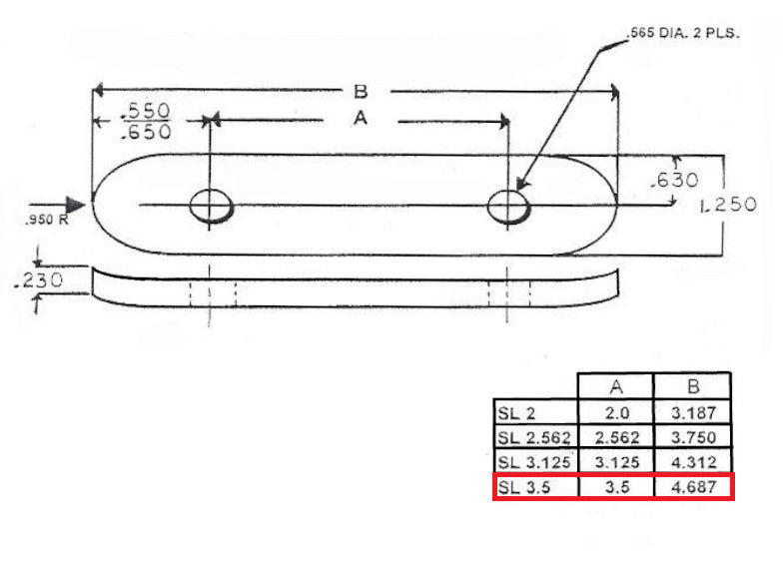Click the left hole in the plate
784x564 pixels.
(211, 207)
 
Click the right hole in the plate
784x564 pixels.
(508, 207)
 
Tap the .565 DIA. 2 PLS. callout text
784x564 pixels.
(682, 33)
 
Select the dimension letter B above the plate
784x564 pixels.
(360, 92)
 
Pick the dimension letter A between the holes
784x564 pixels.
(362, 119)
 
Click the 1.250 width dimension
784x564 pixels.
(729, 205)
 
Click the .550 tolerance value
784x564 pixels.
(145, 111)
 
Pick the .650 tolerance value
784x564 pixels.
(145, 131)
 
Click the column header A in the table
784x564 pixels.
(615, 386)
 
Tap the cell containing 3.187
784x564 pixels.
(692, 412)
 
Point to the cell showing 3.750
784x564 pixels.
(692, 437)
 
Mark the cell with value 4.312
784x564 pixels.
(692, 462)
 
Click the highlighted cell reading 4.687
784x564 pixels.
(692, 487)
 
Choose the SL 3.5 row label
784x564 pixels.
(523, 487)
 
